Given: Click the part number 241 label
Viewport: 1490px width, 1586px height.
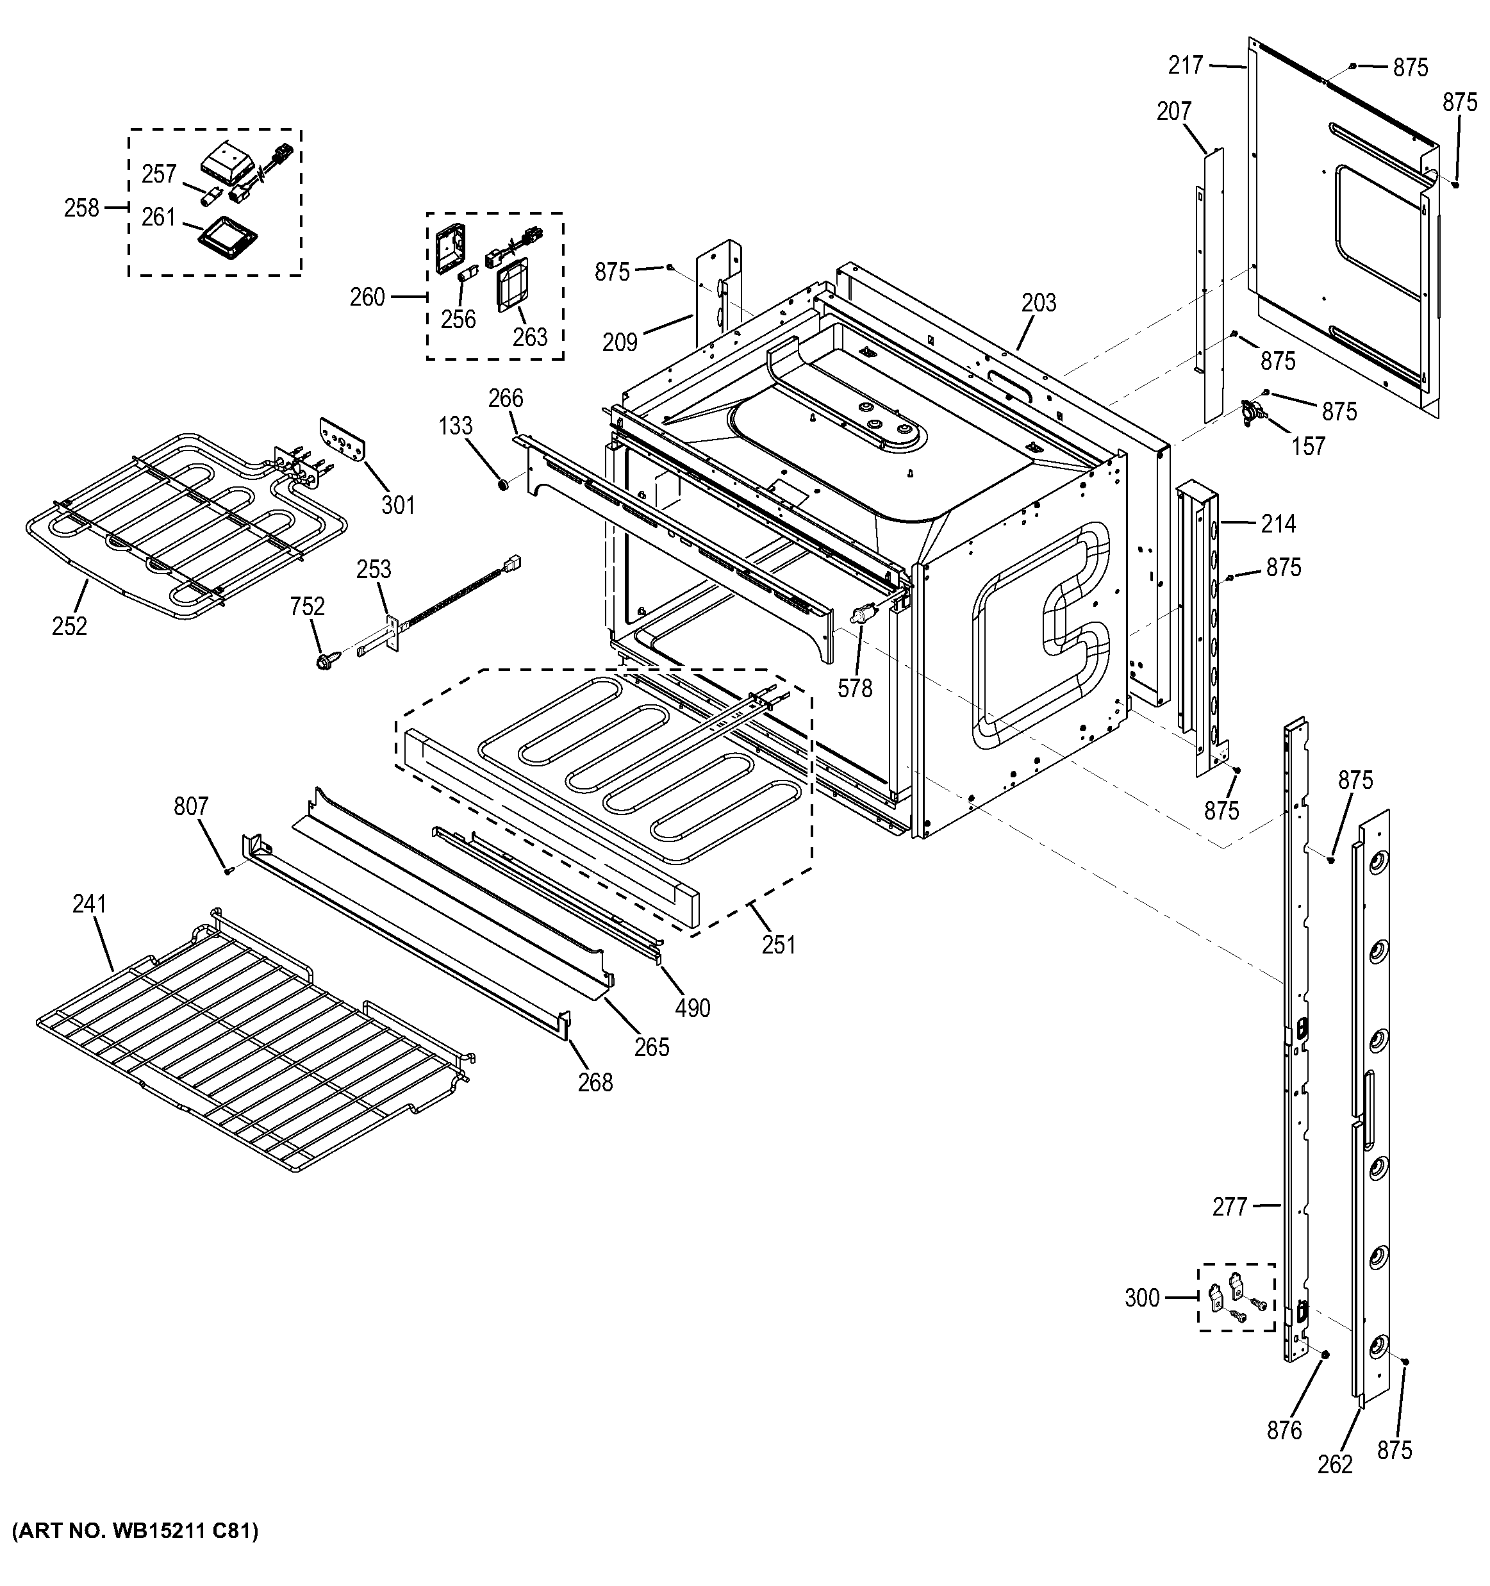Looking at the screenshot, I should click(x=88, y=904).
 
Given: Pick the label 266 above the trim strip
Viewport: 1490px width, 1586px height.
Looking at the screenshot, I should click(x=506, y=398).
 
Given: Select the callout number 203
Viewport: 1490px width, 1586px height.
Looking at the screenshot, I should click(x=1039, y=303).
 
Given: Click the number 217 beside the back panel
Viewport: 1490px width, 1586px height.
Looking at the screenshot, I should click(x=1186, y=65).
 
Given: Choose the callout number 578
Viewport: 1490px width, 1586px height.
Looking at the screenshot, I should click(x=854, y=688).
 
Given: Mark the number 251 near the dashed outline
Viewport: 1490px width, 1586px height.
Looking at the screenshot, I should click(x=779, y=945).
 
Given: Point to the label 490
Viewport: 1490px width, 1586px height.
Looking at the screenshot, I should click(x=692, y=1009).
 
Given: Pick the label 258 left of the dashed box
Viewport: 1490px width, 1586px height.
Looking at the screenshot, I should click(x=81, y=208).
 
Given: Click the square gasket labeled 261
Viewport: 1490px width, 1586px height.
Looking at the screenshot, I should click(x=229, y=237).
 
